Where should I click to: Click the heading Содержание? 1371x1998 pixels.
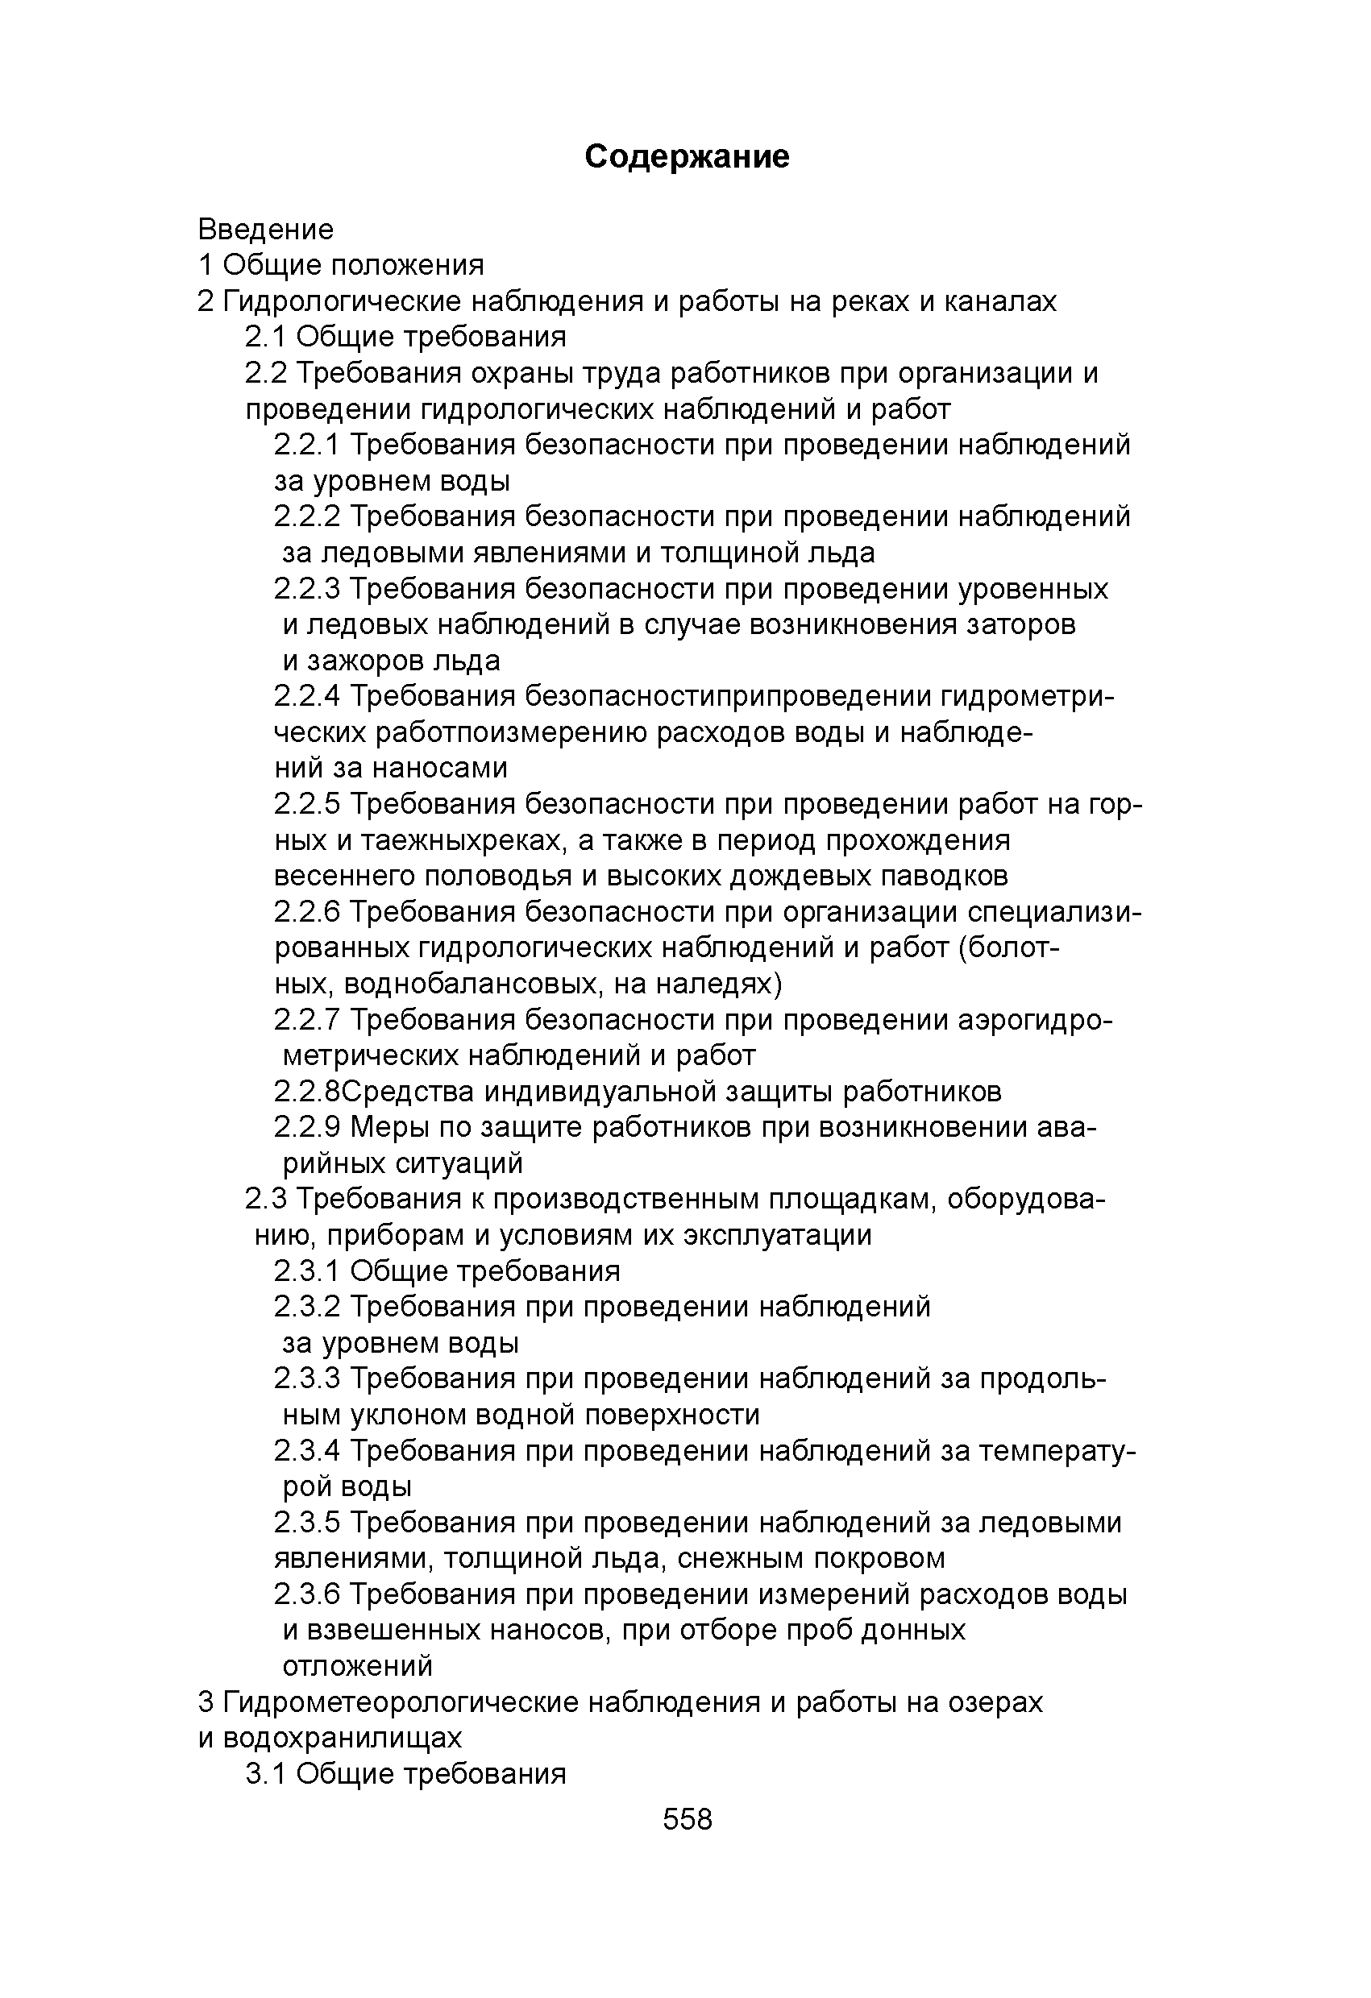point(687,156)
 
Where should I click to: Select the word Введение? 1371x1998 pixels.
point(266,230)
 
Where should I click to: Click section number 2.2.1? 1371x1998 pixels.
point(307,446)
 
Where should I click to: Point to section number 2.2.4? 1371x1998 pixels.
point(307,695)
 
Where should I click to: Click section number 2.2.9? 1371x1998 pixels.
point(307,1127)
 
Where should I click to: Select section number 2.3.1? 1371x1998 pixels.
point(307,1271)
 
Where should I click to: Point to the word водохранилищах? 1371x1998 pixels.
point(343,1738)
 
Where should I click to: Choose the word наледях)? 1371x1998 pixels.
point(718,984)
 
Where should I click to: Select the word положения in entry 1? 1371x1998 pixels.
point(408,266)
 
